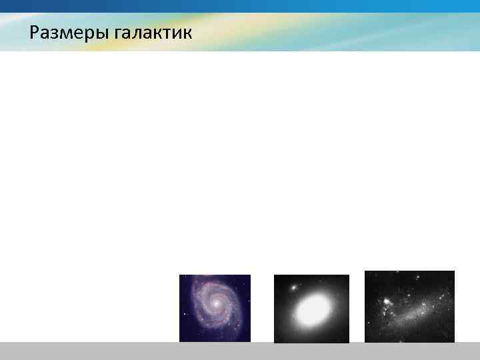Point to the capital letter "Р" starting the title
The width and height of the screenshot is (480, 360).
click(35, 32)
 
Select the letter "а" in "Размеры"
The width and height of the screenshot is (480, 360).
click(45, 34)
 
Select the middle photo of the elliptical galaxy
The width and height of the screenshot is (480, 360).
click(311, 308)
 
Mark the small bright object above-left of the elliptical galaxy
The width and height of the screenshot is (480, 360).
click(291, 288)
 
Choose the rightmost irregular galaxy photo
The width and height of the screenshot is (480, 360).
click(409, 306)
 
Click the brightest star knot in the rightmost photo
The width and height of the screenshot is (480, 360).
click(387, 302)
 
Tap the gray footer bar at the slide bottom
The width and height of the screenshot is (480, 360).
click(240, 351)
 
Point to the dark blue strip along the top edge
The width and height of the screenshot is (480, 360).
click(240, 5)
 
